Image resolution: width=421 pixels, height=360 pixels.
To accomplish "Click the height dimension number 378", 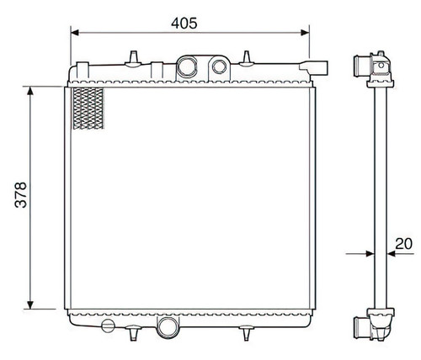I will click(22, 196).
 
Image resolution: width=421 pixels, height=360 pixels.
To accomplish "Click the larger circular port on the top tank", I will click(189, 67).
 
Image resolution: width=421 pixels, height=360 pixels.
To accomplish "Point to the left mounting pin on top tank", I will click(134, 56).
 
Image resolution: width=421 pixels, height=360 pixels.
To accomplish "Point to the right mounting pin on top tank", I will click(246, 57).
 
